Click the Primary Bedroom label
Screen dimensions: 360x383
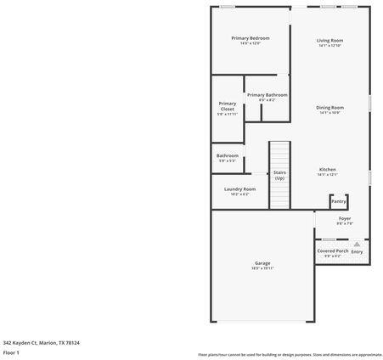pyautogui.click(x=251, y=38)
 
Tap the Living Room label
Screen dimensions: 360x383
pyautogui.click(x=329, y=40)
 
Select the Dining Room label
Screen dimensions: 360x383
pyautogui.click(x=329, y=108)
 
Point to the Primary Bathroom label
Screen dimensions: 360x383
pyautogui.click(x=267, y=95)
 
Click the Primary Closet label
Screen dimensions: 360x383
pyautogui.click(x=227, y=106)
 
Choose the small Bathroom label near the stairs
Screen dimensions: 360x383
pyautogui.click(x=227, y=155)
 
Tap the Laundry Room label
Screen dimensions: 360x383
pyautogui.click(x=239, y=189)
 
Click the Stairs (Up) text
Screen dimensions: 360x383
pyautogui.click(x=279, y=175)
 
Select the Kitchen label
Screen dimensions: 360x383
pyautogui.click(x=328, y=170)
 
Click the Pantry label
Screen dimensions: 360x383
pyautogui.click(x=338, y=201)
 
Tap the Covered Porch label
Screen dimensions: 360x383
pyautogui.click(x=332, y=251)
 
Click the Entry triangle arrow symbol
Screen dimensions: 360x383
pyautogui.click(x=357, y=244)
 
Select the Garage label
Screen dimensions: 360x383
pyautogui.click(x=262, y=263)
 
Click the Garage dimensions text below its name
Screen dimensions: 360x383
pyautogui.click(x=262, y=268)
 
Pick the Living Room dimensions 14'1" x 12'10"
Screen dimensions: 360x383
pyautogui.click(x=329, y=46)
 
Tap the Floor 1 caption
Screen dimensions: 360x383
pyautogui.click(x=12, y=352)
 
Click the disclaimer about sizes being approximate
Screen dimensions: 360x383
pyautogui.click(x=290, y=354)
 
